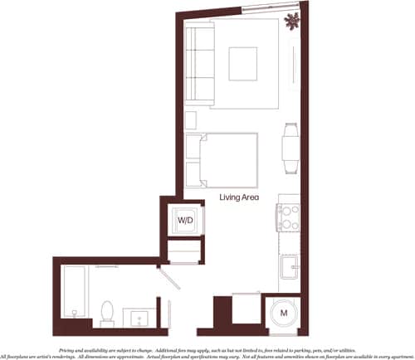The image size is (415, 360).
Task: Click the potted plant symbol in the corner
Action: click(291, 22)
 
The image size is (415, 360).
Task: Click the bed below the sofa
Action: click(222, 158)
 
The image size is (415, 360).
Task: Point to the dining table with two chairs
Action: click(289, 146)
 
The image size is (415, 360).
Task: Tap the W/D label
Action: click(184, 221)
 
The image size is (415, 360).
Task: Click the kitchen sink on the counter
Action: click(289, 267)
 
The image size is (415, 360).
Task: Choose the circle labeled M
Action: click(283, 314)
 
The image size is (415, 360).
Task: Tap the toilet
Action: click(106, 310)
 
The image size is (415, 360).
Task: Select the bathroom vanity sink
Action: click(138, 316)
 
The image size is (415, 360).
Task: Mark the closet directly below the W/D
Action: click(183, 251)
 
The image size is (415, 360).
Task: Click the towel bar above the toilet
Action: click(106, 267)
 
